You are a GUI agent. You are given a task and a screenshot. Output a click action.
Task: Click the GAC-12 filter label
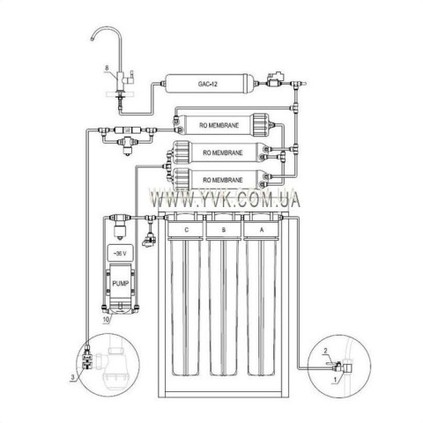207,84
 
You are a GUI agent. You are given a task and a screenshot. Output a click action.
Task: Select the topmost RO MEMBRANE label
219,125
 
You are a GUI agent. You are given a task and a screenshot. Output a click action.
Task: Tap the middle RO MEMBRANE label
223,152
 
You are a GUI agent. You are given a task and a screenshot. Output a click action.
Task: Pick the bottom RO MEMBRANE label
223,180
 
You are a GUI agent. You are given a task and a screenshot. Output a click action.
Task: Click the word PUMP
121,284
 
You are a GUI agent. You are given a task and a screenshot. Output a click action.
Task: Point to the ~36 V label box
120,253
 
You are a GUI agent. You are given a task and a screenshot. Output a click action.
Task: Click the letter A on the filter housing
262,230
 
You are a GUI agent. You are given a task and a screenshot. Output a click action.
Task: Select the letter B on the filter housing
224,230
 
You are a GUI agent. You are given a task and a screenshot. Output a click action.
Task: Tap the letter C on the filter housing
186,230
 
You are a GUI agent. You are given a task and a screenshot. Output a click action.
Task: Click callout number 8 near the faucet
108,68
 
